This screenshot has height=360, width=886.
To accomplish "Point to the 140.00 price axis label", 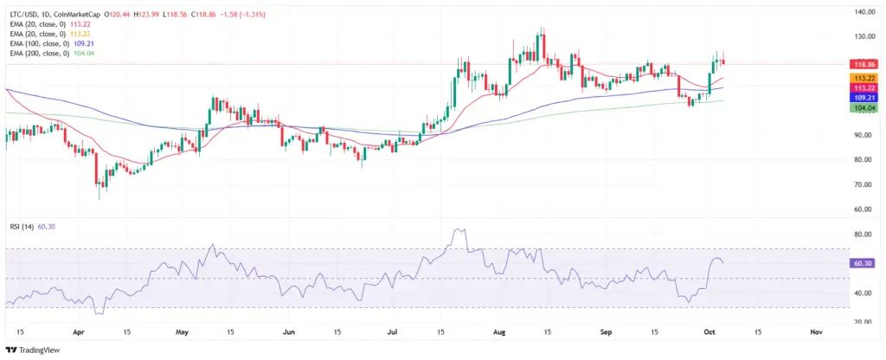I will (x=863, y=12).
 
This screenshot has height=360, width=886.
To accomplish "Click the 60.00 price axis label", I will (x=861, y=209).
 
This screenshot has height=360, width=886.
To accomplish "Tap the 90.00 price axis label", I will (x=861, y=136).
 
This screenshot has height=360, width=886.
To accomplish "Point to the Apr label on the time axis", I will (x=80, y=331).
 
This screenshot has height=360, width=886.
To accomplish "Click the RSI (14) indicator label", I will (x=19, y=226).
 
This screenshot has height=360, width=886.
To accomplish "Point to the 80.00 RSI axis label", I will (x=861, y=235).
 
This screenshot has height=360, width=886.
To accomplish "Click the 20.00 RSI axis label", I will (x=861, y=321).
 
